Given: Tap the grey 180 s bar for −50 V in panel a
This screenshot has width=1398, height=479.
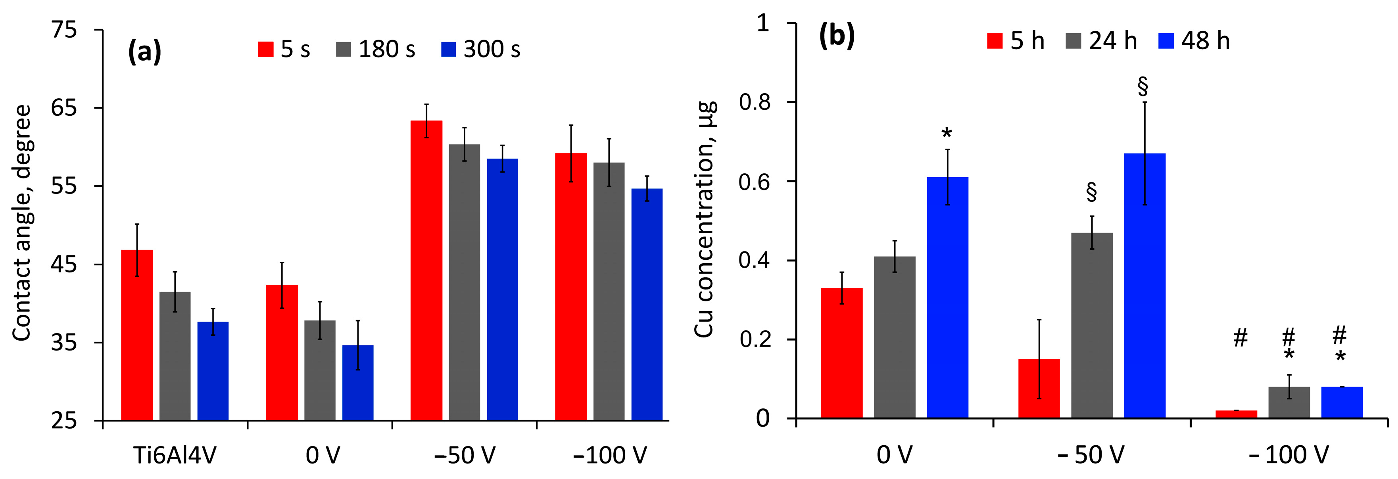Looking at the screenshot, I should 464,282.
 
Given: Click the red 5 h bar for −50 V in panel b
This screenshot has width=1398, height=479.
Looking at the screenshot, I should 1039,389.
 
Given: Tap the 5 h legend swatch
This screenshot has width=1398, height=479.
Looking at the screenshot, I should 994,41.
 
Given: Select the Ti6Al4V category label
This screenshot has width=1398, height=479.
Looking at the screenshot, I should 175,455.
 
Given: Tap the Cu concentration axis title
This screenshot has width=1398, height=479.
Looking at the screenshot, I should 705,220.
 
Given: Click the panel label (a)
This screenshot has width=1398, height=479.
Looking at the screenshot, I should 144,52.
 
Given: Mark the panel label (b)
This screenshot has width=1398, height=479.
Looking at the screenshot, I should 836,37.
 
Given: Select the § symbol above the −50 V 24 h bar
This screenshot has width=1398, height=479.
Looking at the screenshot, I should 1091,192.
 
